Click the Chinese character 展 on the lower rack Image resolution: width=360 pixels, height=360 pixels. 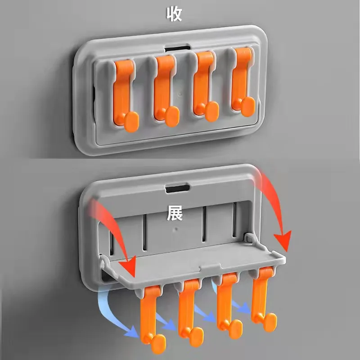174,213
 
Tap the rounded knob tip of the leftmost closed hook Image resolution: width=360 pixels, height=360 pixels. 131,122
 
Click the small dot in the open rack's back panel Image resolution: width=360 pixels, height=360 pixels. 176,228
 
